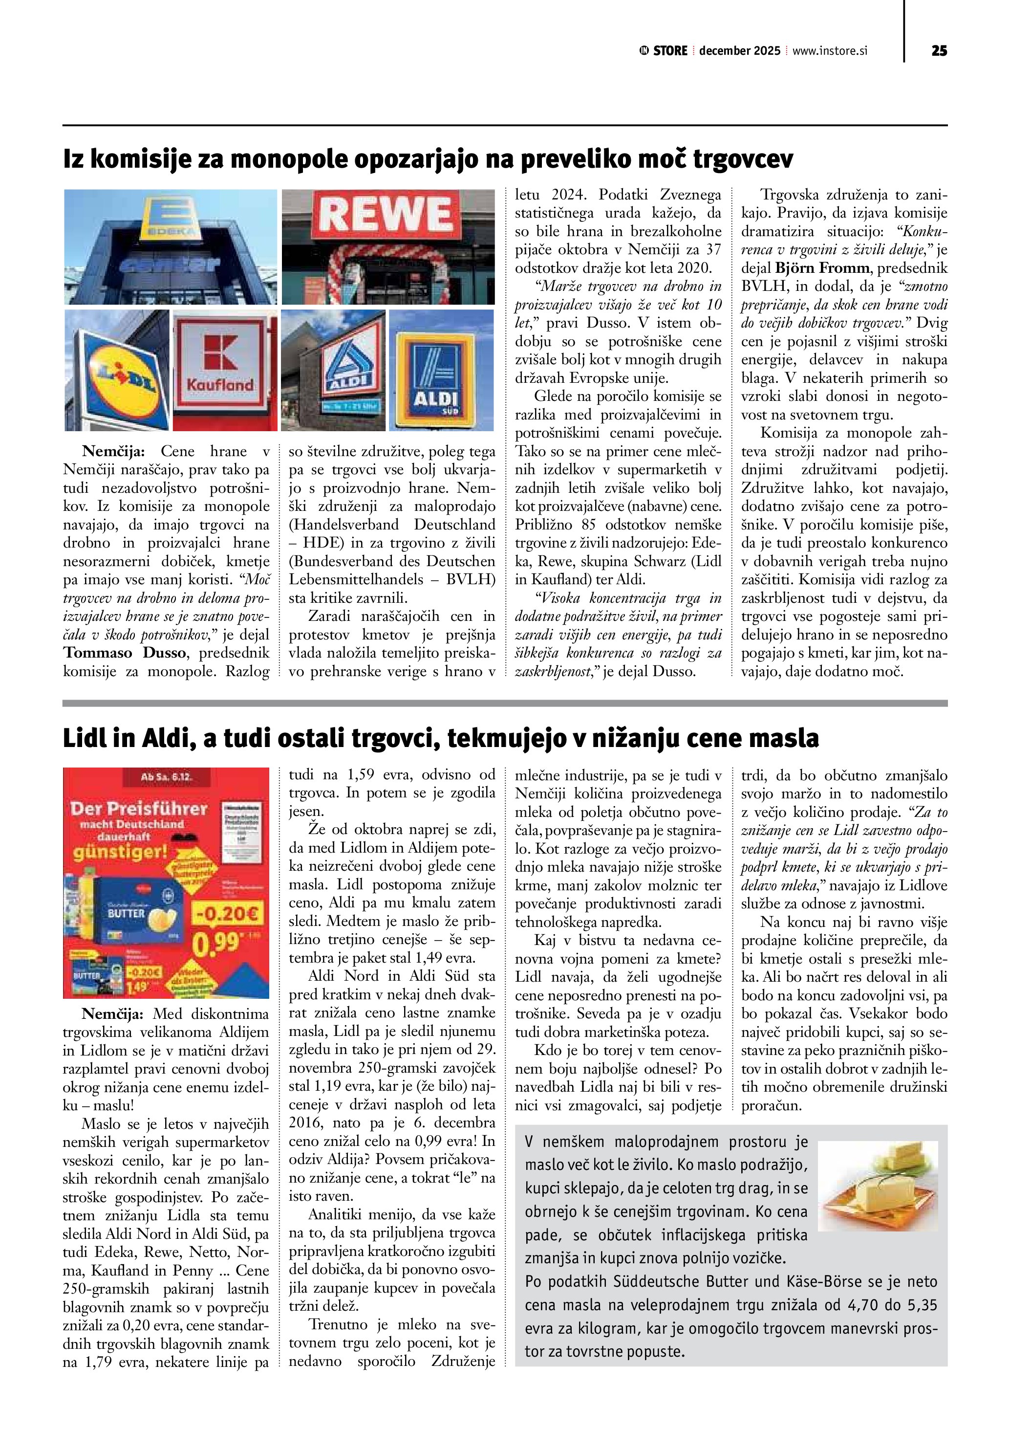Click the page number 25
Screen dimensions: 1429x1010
click(939, 51)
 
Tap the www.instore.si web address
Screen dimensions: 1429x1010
click(830, 51)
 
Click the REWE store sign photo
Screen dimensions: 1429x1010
click(388, 246)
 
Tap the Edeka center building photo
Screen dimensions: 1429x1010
click(171, 246)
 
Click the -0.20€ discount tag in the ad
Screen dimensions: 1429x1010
click(229, 915)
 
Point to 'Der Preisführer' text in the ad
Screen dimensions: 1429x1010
click(138, 809)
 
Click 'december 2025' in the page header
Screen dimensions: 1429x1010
click(739, 51)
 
